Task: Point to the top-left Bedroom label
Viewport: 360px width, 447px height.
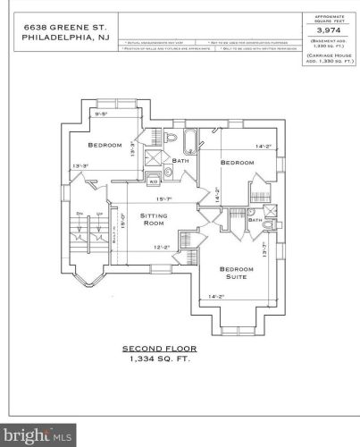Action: pyautogui.click(x=105, y=145)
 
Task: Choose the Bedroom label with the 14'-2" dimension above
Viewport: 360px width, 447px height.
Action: pyautogui.click(x=237, y=162)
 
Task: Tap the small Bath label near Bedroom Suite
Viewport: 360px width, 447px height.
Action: pyautogui.click(x=255, y=219)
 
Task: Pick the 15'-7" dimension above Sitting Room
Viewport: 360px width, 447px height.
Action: pyautogui.click(x=163, y=198)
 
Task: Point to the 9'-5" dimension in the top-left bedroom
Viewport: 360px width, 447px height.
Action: pyautogui.click(x=102, y=114)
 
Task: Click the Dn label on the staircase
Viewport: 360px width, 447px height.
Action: pyautogui.click(x=80, y=214)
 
